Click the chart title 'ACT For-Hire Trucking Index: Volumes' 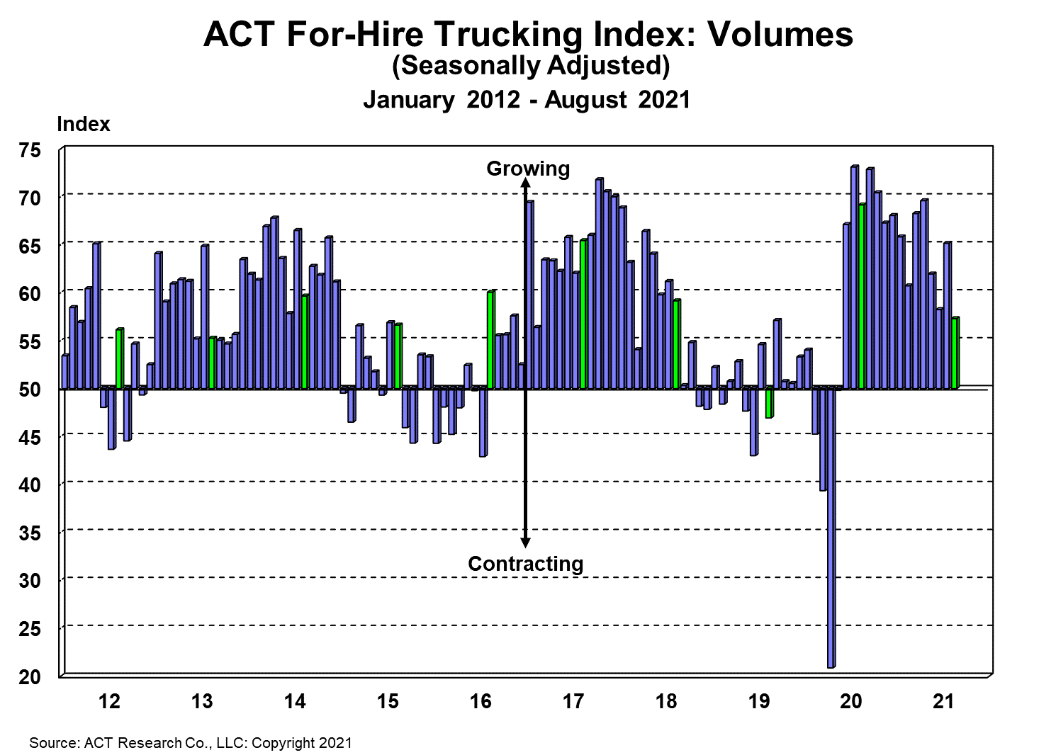click(x=528, y=34)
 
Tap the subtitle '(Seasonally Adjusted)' click(x=531, y=65)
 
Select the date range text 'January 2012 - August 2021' click(x=527, y=99)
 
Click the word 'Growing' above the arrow click(x=528, y=169)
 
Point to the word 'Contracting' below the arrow click(x=525, y=564)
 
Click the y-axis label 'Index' click(x=83, y=124)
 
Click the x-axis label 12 click(x=109, y=701)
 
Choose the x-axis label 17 click(x=573, y=701)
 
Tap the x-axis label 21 click(x=943, y=701)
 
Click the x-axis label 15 click(x=387, y=701)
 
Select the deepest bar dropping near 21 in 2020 click(x=831, y=528)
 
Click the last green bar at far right click(x=955, y=353)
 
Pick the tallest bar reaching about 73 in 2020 click(x=854, y=276)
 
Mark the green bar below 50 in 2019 click(x=769, y=402)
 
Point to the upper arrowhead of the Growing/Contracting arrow click(x=525, y=182)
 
